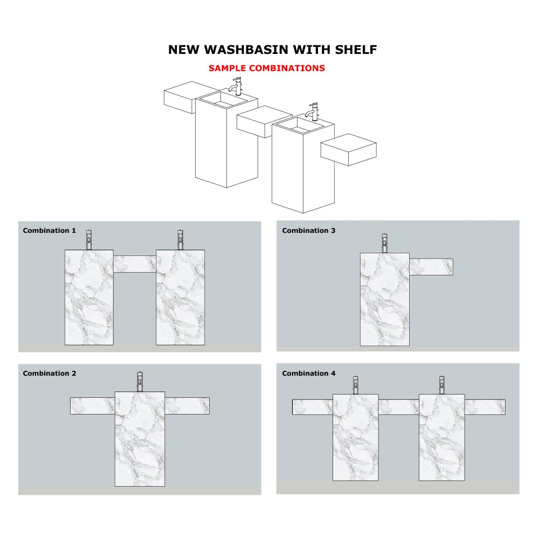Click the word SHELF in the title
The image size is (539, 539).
pyautogui.click(x=356, y=50)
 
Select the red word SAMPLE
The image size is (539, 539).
pyautogui.click(x=227, y=68)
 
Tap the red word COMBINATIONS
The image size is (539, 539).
pyautogui.click(x=287, y=68)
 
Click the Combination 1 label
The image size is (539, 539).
pyautogui.click(x=50, y=231)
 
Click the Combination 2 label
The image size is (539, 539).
pyautogui.click(x=50, y=374)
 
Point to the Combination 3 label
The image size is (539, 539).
pyautogui.click(x=309, y=231)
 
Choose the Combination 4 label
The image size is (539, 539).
pyautogui.click(x=309, y=374)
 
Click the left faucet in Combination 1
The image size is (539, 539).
pyautogui.click(x=89, y=240)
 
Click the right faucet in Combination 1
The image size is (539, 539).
pyautogui.click(x=180, y=240)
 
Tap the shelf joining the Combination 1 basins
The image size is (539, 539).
pyautogui.click(x=135, y=264)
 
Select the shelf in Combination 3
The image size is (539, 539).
pyautogui.click(x=431, y=267)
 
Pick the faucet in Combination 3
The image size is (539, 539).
pyautogui.click(x=385, y=243)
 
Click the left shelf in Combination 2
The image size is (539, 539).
pyautogui.click(x=93, y=406)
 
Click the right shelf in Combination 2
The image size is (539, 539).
pyautogui.click(x=187, y=406)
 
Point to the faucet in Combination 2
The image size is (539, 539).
pyautogui.click(x=140, y=382)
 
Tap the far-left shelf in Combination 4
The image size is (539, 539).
pyautogui.click(x=313, y=407)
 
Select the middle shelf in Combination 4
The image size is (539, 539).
pyautogui.click(x=399, y=407)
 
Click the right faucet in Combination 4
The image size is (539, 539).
pyautogui.click(x=442, y=385)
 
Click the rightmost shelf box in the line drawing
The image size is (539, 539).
pyautogui.click(x=349, y=150)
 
